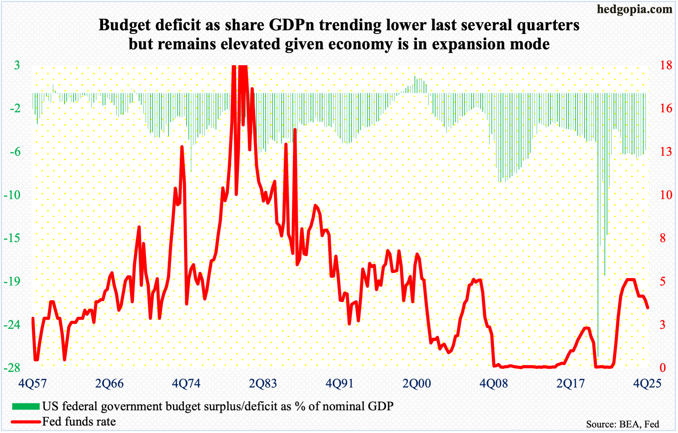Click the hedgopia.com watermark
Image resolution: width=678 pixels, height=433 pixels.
634,9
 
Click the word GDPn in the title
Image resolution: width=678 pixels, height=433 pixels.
291,25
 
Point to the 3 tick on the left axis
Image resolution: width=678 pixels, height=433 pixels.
17,65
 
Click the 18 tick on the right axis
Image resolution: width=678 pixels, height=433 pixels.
666,65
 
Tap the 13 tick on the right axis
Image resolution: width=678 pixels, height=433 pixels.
666,152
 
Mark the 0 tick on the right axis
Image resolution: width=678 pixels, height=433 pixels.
663,368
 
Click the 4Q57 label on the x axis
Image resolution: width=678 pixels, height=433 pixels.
32,383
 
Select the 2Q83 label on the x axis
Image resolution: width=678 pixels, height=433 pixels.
263,383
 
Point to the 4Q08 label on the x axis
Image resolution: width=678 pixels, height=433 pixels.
494,383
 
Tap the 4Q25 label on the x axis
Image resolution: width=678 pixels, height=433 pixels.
647,383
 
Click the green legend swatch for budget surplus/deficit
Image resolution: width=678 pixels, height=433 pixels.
26,406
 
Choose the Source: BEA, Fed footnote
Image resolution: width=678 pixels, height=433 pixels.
622,424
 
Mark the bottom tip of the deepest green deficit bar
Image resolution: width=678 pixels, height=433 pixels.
598,356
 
